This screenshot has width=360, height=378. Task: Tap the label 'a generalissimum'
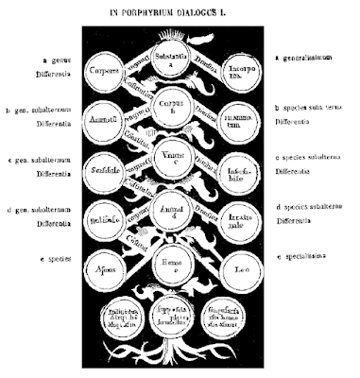pos(303,60)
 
